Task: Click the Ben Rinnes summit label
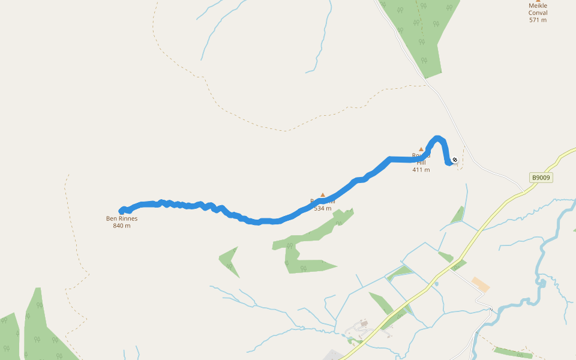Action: point(122,218)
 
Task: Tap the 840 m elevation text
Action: point(122,226)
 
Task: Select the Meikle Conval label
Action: point(538,9)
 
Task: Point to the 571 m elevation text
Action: point(538,20)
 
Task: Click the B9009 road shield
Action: point(541,178)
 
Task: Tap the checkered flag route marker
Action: point(455,160)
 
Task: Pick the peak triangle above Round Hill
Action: point(421,149)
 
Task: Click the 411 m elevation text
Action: point(421,170)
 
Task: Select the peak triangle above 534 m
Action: point(323,195)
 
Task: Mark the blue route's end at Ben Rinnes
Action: point(122,211)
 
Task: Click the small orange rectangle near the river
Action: point(481,284)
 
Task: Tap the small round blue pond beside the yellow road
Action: point(437,283)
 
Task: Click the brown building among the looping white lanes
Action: point(364,323)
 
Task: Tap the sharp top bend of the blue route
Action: point(438,139)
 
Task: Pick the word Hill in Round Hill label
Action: point(421,163)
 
